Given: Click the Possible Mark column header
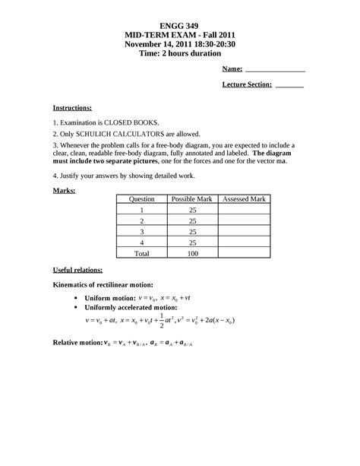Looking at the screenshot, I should (x=193, y=199).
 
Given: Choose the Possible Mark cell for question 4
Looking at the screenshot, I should (x=193, y=242).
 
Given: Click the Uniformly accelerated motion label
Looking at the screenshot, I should (x=133, y=307).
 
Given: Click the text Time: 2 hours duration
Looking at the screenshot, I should (x=179, y=53).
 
